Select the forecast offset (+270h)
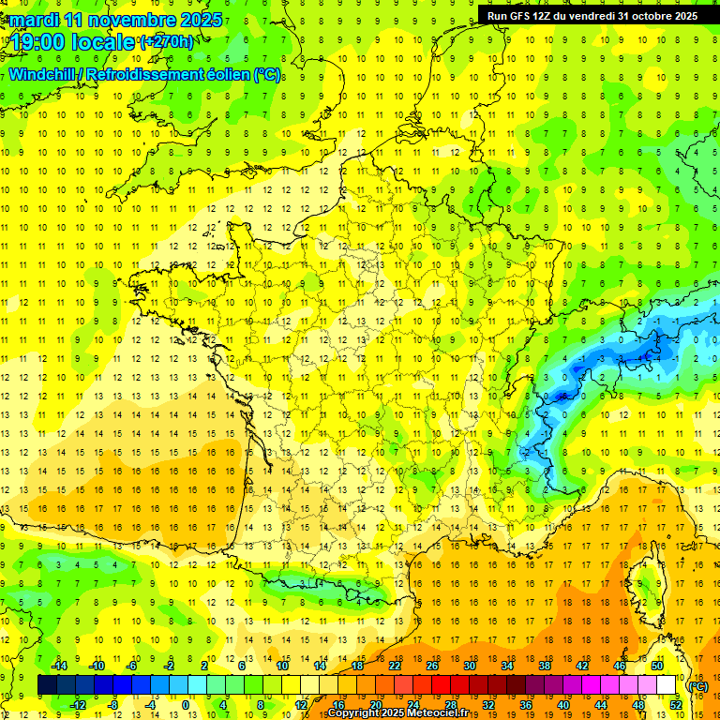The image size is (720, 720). point(167,41)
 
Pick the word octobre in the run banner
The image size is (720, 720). point(647,15)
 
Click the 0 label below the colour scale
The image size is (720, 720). point(186,705)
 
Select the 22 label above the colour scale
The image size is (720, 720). point(395,666)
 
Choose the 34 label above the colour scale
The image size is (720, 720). point(507,666)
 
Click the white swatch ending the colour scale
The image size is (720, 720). point(667,685)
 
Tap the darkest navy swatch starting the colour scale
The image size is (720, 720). point(47,685)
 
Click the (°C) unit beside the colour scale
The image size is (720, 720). point(697,685)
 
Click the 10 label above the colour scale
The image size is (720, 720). point(282,666)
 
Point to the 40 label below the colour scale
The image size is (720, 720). point(563,705)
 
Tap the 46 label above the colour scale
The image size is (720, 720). point(620,666)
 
